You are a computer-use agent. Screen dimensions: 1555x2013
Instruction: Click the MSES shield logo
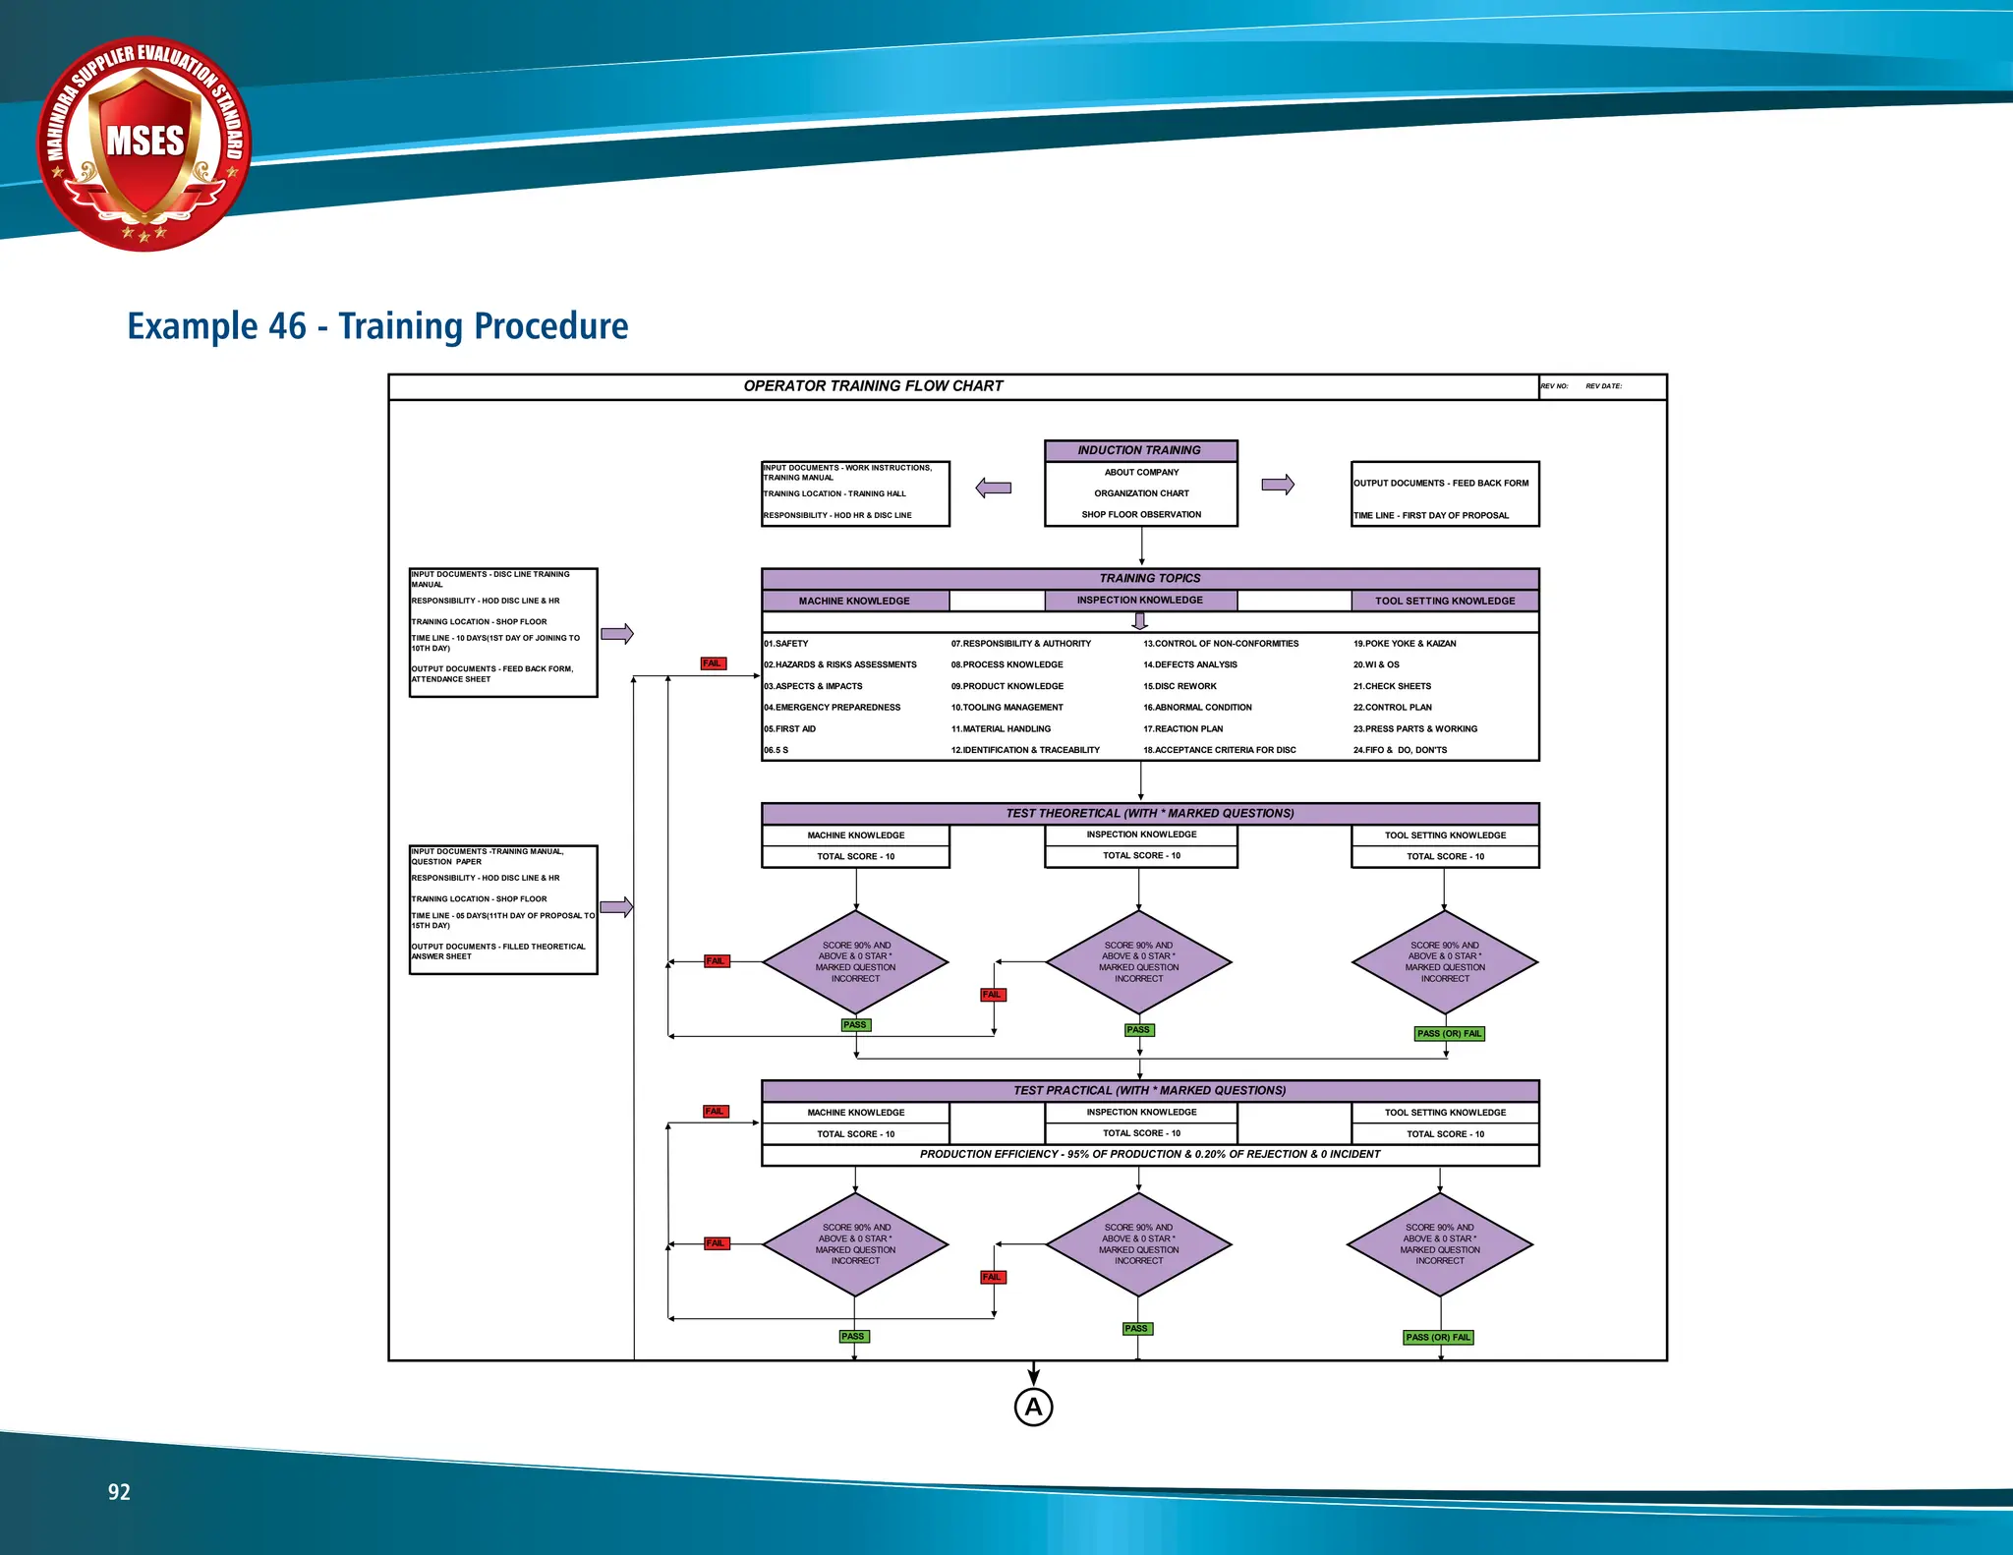pos(144,144)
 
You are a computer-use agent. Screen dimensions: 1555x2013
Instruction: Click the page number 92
pos(119,1492)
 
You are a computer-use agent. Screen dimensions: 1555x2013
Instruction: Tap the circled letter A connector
pos(1033,1407)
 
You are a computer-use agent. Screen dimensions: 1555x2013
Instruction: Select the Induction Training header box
pos(1140,451)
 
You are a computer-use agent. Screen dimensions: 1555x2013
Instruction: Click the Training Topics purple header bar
pos(1150,579)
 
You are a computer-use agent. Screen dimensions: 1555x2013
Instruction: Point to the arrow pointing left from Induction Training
pos(994,488)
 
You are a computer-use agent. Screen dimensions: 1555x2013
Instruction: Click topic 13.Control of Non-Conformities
pos(1221,644)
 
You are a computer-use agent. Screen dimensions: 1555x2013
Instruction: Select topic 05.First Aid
pos(790,729)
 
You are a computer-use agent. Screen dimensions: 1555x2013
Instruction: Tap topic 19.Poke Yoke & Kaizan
pos(1405,644)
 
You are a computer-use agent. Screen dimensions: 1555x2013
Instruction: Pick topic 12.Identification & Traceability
pos(1025,750)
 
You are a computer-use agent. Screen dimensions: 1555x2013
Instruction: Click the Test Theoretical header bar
pos(1150,814)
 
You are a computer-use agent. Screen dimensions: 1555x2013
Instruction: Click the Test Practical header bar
pos(1150,1091)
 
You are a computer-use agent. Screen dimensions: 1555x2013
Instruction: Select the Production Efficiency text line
pos(1150,1155)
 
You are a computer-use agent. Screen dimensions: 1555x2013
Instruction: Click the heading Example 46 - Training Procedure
pos(377,326)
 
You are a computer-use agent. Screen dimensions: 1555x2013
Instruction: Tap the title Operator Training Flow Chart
pos(873,386)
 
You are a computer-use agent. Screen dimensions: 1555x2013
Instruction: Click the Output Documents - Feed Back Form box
pos(1445,493)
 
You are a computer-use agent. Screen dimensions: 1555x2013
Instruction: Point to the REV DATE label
pos(1603,386)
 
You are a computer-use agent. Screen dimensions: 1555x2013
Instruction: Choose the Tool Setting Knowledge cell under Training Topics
pos(1445,601)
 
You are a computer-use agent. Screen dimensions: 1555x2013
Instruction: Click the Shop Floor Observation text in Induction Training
pos(1141,515)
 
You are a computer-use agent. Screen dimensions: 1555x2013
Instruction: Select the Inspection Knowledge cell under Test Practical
pos(1141,1113)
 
